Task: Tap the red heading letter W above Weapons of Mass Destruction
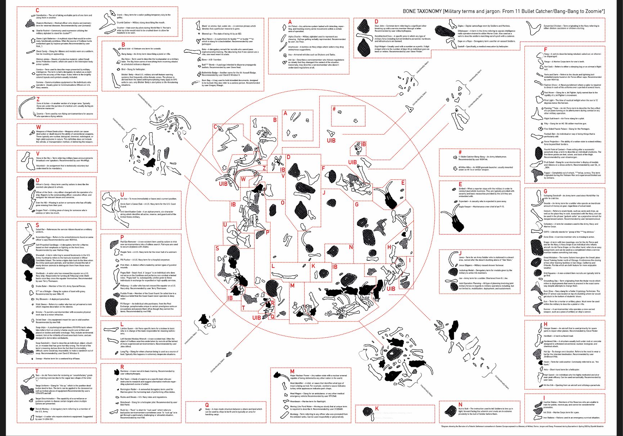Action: point(39,127)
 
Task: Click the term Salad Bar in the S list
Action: point(40,229)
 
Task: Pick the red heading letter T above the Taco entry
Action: point(37,371)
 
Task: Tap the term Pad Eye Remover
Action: point(129,242)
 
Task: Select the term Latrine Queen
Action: point(127,328)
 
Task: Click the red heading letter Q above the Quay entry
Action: point(207,405)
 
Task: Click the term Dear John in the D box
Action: point(379,26)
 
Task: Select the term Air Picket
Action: point(293,26)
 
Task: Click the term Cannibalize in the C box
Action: point(41,15)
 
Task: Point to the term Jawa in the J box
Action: point(461,257)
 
